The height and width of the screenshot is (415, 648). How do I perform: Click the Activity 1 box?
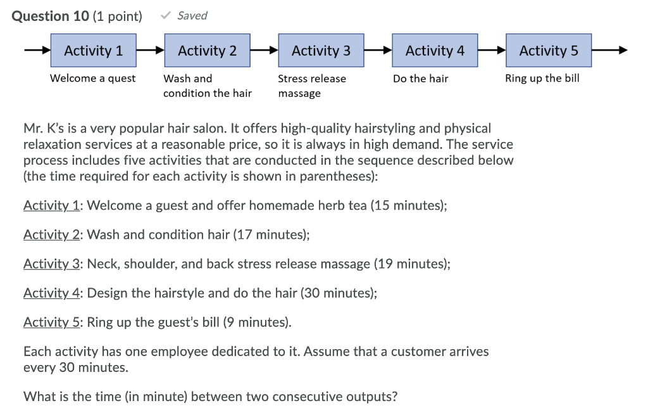94,51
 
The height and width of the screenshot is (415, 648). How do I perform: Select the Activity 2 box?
207,51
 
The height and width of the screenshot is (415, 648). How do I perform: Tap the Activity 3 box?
321,51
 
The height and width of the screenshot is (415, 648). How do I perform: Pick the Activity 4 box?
435,51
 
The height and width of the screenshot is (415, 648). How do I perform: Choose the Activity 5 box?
549,51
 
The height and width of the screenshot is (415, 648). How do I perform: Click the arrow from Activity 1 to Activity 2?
150,51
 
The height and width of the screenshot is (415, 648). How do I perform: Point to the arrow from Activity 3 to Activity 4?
378,51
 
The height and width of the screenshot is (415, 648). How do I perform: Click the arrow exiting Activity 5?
610,51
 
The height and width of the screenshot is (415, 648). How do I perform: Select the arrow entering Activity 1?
37,51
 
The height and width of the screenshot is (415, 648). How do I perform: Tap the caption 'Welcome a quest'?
92,79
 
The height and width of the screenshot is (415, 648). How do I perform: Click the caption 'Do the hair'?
420,79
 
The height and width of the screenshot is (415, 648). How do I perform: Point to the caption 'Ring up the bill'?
542,79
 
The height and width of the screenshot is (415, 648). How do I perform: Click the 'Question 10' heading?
51,16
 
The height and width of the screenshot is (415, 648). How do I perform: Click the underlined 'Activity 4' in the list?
53,293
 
